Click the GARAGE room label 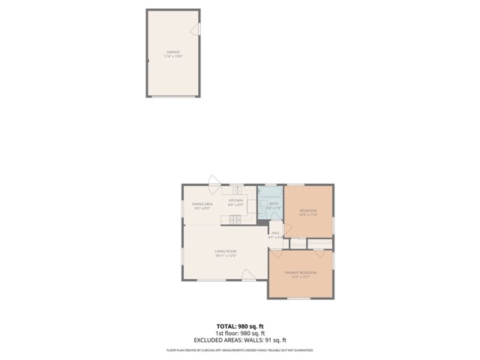[x=173, y=52]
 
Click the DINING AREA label [x=202, y=204]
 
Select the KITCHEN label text [x=236, y=200]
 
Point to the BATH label [x=274, y=203]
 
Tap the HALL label [x=275, y=233]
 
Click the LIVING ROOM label [x=226, y=251]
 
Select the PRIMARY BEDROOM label [x=300, y=272]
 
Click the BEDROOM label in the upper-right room [x=308, y=210]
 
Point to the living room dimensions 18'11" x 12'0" [x=226, y=256]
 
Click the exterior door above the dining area [x=214, y=181]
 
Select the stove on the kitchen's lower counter [x=235, y=219]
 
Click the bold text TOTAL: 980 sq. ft [x=240, y=326]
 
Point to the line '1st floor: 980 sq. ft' [x=240, y=333]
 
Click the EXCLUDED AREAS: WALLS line [x=240, y=340]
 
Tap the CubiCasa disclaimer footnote [x=240, y=350]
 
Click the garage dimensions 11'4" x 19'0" [x=173, y=56]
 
